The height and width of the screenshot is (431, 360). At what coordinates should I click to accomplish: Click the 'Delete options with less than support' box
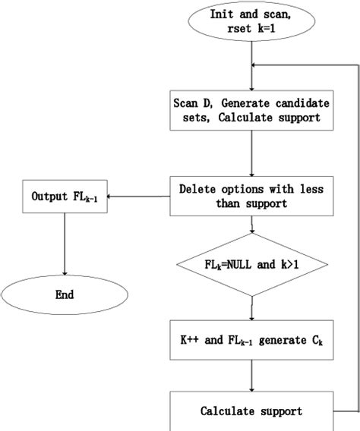click(x=250, y=194)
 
